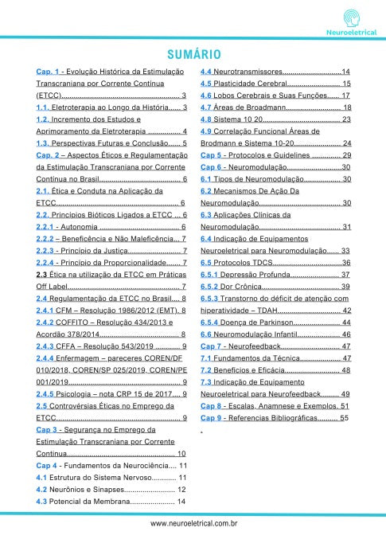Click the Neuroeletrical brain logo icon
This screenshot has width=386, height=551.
coord(353,18)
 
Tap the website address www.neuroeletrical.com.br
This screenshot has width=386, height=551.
coord(194,523)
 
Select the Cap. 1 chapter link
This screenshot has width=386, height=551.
coord(48,72)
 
